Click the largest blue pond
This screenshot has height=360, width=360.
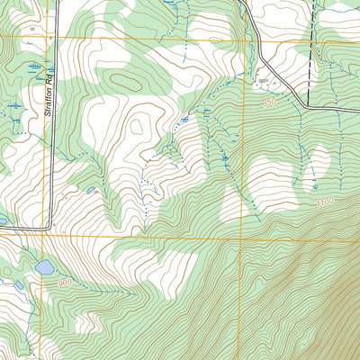[44, 267]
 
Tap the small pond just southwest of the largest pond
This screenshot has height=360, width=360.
[19, 285]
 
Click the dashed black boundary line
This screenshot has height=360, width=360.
[310, 54]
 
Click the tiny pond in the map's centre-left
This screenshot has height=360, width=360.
[90, 190]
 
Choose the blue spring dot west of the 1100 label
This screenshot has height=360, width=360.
[315, 185]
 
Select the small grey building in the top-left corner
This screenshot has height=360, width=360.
[32, 28]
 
